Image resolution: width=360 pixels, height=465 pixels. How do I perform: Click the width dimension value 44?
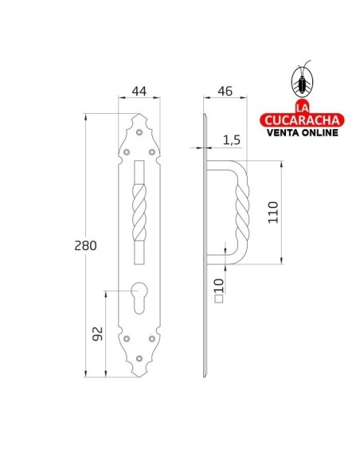point(139,92)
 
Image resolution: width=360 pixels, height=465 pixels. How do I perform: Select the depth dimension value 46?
point(225,92)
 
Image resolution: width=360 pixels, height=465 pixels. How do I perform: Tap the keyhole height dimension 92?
point(96,333)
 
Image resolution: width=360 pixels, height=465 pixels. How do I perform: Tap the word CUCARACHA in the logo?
point(302,119)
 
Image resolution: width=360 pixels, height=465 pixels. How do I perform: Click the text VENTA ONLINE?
point(302,132)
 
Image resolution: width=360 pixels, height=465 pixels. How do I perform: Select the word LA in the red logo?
point(302,107)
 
